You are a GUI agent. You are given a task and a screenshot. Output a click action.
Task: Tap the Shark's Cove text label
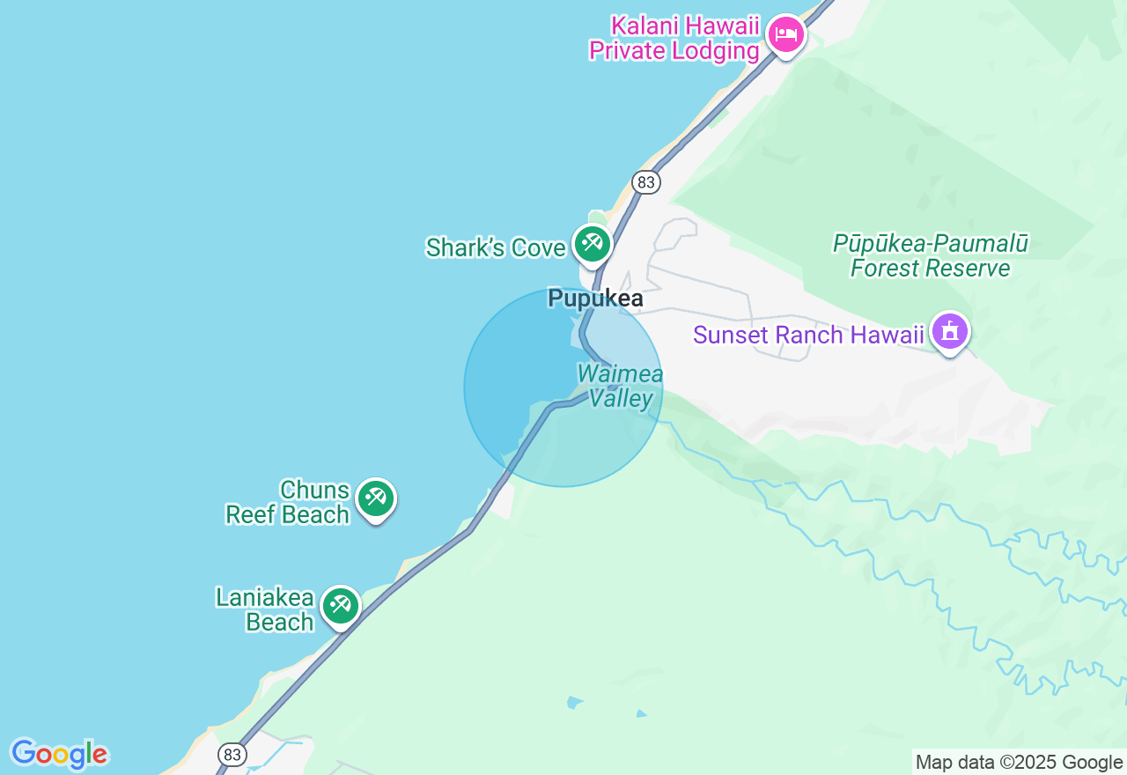(x=495, y=247)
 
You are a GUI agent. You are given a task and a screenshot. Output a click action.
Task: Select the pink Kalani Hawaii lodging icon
(x=785, y=35)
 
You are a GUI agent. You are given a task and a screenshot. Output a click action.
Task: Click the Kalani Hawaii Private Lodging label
(x=674, y=38)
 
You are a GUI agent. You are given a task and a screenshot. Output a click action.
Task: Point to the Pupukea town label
(x=595, y=299)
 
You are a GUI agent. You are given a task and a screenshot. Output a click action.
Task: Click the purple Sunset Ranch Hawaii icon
(x=949, y=333)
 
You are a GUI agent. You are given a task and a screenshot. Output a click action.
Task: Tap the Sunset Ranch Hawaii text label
(x=808, y=335)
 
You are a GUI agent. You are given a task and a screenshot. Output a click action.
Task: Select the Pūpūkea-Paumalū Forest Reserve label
(x=931, y=255)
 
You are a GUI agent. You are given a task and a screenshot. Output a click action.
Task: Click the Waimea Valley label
(x=621, y=386)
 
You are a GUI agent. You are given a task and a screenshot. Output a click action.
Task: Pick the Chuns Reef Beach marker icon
(x=376, y=498)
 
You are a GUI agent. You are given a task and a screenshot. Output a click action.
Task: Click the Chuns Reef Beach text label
(x=289, y=502)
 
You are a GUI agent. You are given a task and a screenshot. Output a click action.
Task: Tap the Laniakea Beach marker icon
(x=340, y=605)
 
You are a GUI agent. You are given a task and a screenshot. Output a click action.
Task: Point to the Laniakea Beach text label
(x=265, y=609)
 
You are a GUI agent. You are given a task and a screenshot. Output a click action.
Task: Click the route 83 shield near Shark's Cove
(x=646, y=182)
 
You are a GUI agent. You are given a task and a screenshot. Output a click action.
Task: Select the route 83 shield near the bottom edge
(x=232, y=755)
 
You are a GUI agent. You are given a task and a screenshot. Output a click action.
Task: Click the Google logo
(x=59, y=754)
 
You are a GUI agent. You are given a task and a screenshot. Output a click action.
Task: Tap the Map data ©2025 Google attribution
(x=1019, y=763)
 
